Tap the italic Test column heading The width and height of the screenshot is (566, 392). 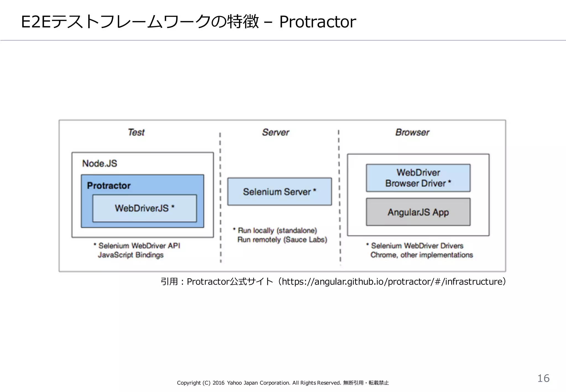tap(136, 132)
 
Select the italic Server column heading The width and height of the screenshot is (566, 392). tap(276, 132)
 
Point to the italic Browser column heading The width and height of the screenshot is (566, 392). tap(412, 132)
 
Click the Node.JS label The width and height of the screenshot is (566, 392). tap(99, 163)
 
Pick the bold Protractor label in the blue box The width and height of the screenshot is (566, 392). tap(109, 185)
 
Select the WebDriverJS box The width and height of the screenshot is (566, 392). tap(145, 208)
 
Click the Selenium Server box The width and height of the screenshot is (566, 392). tap(279, 192)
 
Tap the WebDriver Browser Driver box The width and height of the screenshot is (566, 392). tap(418, 178)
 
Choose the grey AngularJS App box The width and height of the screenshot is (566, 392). tap(418, 212)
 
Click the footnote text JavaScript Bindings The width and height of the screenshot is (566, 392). tap(130, 255)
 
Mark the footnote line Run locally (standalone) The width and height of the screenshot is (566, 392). tap(277, 231)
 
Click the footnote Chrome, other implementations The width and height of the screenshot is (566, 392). tap(421, 255)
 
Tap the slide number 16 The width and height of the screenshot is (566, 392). tap(543, 378)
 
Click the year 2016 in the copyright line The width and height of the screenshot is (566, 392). tap(218, 383)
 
